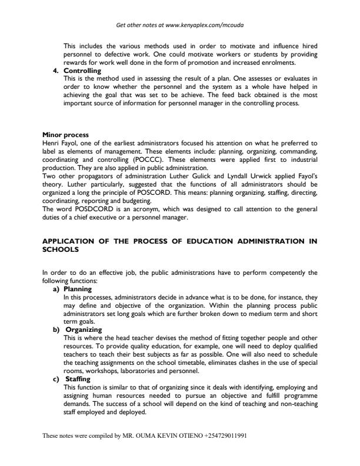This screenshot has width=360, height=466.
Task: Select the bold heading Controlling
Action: (x=82, y=71)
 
